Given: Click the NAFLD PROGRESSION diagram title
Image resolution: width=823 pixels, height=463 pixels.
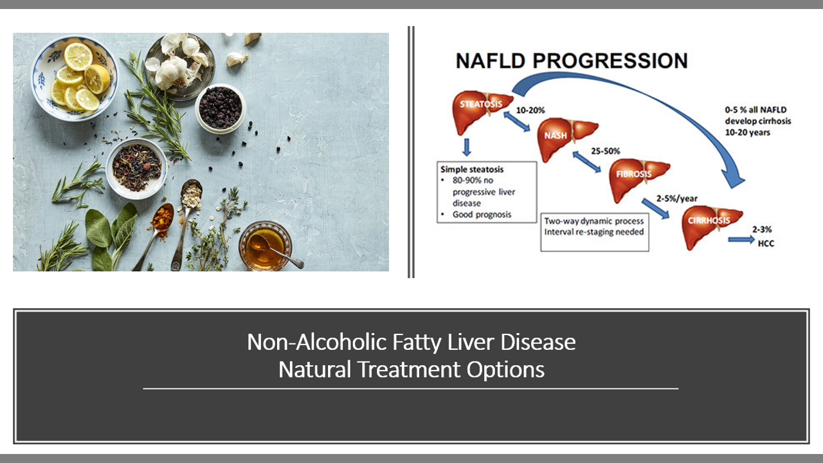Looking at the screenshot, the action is pos(572,61).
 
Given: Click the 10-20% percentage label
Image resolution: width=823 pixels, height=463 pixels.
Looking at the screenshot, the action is pos(530,110).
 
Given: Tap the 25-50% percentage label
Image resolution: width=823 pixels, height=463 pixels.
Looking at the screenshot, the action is pos(605,151).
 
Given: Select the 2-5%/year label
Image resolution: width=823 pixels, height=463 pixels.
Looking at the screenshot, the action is pos(677,199).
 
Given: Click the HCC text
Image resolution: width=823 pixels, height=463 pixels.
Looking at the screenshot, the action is pos(766,243).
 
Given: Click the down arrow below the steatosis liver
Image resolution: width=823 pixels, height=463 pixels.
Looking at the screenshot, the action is pos(467,147).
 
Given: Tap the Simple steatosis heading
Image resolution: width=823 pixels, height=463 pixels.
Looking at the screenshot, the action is pos(472,169).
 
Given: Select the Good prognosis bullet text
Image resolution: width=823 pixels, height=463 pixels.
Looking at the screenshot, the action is pos(482,215).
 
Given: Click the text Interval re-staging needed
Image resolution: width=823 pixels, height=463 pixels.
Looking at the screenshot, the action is pos(593,232).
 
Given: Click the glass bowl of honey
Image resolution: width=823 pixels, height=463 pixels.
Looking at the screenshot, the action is pos(266,246).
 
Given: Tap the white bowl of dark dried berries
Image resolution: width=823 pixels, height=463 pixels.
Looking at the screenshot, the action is pos(220,109).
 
